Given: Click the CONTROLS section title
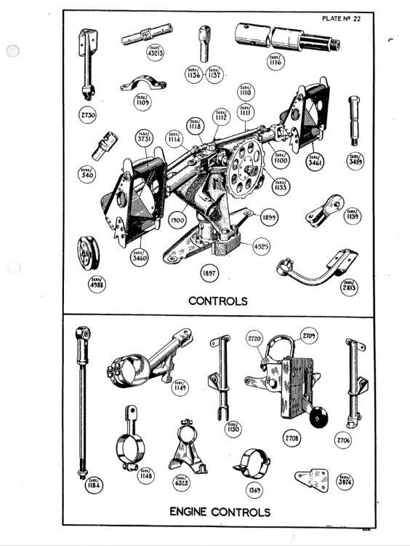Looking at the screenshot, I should point(218,300).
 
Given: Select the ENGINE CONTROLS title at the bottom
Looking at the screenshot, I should point(220,513).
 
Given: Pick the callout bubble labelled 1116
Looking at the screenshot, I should point(275,61).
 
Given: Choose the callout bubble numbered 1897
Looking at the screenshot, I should point(210,274).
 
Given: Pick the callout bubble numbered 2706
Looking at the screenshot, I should point(343,440).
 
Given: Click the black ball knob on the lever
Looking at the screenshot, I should point(318,416).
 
